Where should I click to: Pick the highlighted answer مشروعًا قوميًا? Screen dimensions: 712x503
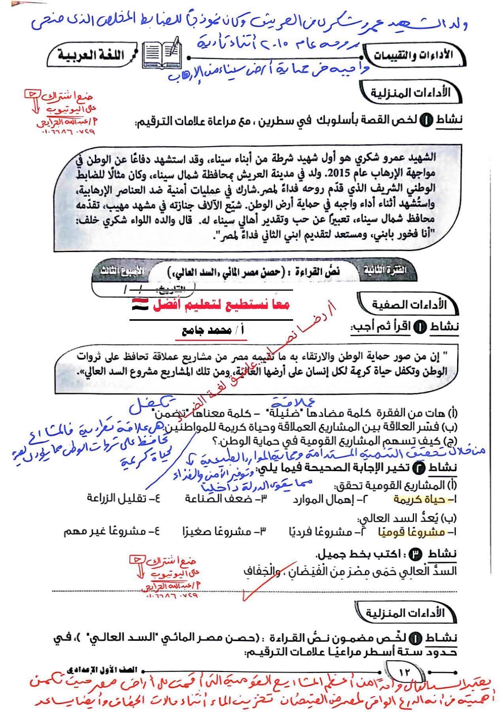click(408, 532)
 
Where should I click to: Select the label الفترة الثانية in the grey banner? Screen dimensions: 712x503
click(384, 271)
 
